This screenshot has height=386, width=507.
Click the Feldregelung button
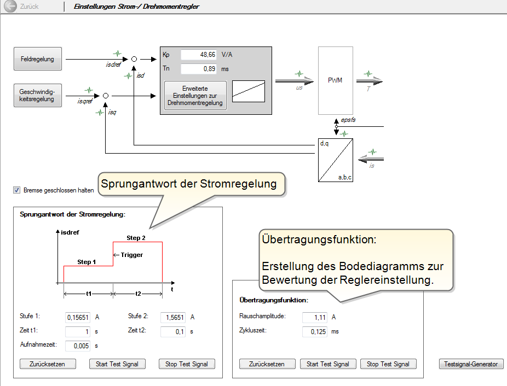point(38,59)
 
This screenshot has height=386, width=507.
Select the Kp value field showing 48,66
point(199,55)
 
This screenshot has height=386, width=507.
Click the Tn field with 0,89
point(199,69)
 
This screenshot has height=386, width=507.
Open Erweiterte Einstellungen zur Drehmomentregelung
point(195,95)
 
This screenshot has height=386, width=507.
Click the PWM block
point(335,80)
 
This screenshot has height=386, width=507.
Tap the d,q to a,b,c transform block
point(335,160)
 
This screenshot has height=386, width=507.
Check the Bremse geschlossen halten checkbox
point(17,190)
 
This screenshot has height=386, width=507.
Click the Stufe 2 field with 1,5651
point(173,317)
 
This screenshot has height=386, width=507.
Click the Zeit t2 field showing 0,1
point(173,331)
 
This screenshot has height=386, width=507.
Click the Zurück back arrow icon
point(10,7)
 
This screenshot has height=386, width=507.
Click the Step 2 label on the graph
point(136,238)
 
